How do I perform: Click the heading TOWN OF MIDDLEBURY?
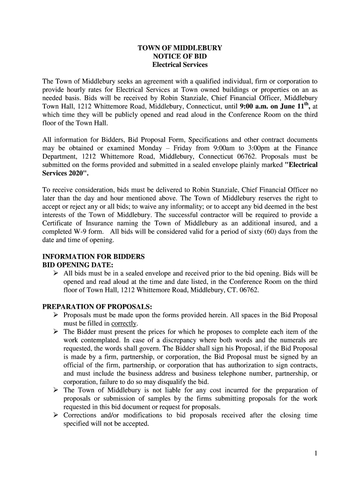click(180, 48)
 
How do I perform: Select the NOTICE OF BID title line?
click(180, 56)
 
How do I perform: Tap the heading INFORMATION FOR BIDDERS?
click(94, 257)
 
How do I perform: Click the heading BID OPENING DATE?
click(78, 265)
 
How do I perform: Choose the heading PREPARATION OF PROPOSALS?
click(97, 307)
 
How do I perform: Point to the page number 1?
click(317, 453)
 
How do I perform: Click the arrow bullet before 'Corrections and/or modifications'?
click(55, 415)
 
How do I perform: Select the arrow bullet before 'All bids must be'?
click(55, 273)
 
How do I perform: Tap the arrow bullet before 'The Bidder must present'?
click(55, 332)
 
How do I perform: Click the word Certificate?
click(58, 223)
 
